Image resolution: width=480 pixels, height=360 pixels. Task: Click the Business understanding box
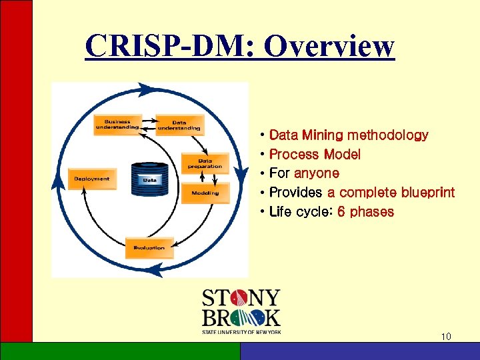[x=117, y=123]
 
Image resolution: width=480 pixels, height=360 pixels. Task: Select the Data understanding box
[x=178, y=125]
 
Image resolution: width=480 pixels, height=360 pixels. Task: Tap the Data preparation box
[x=205, y=163]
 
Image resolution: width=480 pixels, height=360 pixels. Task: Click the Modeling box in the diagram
[x=205, y=193]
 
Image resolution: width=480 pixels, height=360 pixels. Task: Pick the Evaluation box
[x=149, y=248]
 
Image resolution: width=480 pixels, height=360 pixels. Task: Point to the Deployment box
[x=92, y=179]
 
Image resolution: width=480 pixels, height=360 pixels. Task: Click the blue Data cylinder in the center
[x=150, y=179]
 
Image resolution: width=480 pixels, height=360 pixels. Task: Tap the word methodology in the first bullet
[x=387, y=135]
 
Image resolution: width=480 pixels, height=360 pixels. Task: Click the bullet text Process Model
[x=315, y=155]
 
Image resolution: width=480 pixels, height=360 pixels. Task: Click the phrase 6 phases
[x=365, y=212]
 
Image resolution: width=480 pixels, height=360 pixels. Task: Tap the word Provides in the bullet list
[x=296, y=193]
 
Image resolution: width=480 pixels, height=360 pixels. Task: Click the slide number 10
[x=446, y=337]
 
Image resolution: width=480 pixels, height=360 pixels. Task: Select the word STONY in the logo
[x=241, y=297]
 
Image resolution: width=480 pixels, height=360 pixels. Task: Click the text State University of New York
[x=241, y=331]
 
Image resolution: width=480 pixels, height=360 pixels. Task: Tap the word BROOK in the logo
[x=241, y=317]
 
